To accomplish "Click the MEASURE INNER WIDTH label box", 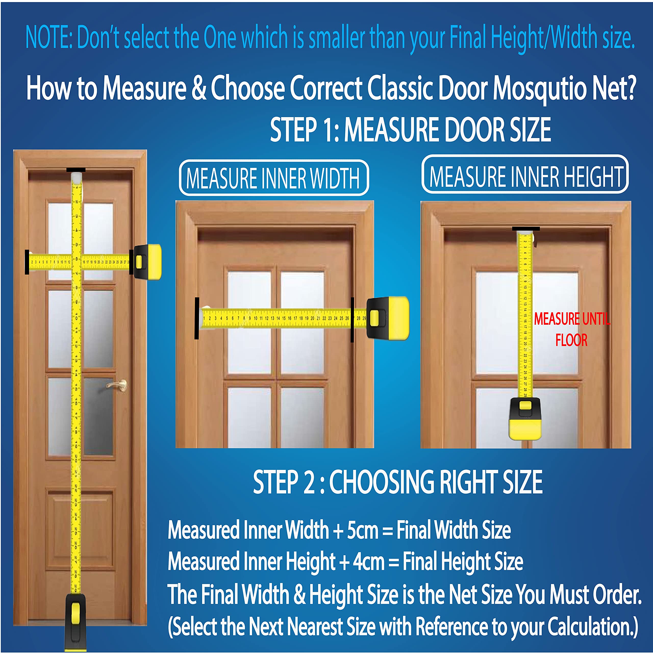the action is point(273,178).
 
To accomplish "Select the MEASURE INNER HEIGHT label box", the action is point(525,174).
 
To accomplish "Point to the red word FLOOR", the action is point(571,340).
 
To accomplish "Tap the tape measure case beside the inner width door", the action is point(388,318).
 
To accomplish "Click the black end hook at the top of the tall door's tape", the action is point(76,170).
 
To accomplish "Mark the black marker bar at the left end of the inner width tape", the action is point(197,318).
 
